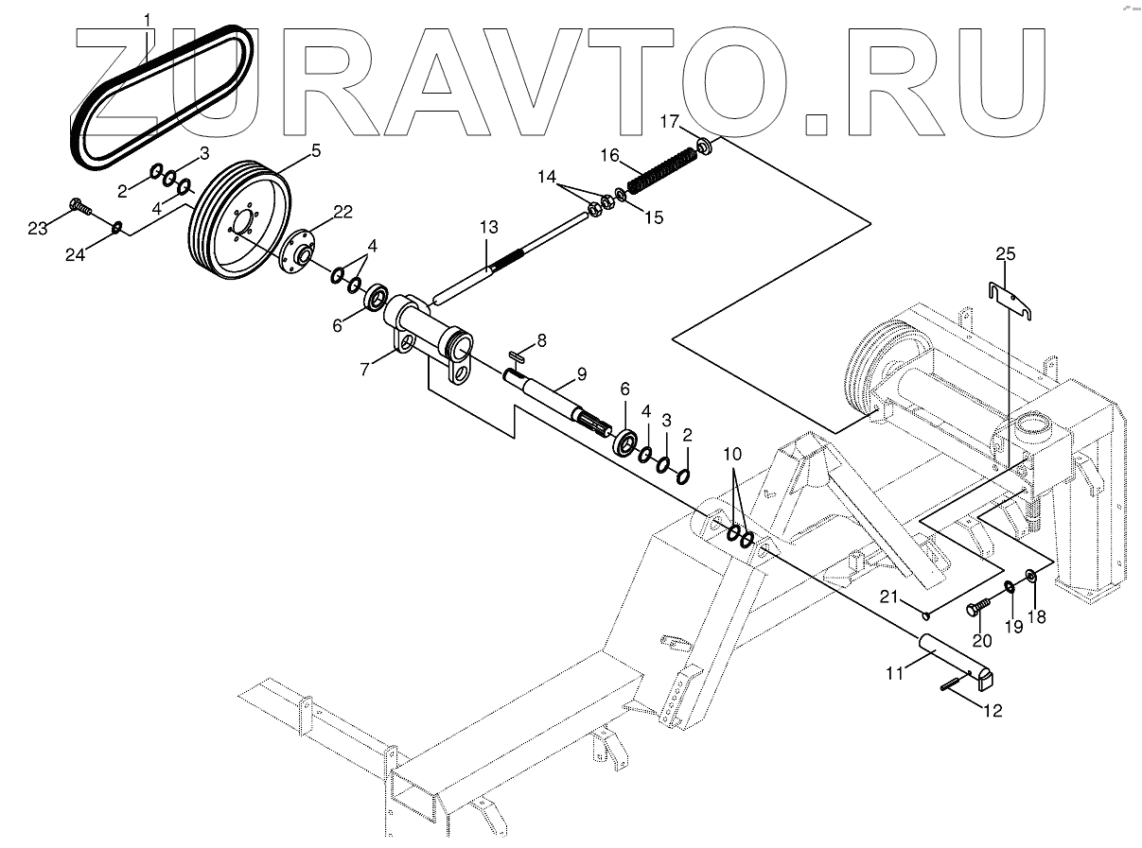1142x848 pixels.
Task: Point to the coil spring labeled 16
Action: coord(662,165)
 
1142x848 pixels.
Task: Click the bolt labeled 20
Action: coord(977,607)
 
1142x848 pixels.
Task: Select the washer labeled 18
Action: coord(1031,575)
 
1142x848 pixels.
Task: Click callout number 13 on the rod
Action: coord(487,228)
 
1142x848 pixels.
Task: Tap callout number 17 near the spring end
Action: coord(669,121)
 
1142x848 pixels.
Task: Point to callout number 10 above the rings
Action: coord(733,454)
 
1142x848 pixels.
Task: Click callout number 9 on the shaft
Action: coord(581,374)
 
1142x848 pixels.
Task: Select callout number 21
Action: coord(888,596)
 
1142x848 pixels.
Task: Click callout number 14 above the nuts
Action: coord(547,176)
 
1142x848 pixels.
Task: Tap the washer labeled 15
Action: coord(621,197)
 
